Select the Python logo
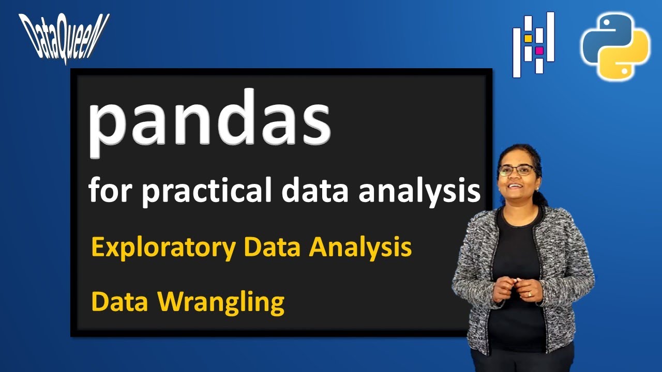(615, 47)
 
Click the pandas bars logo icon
(533, 45)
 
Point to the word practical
(207, 191)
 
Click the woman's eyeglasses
(516, 170)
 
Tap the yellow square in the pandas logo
(528, 38)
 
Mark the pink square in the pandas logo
(539, 51)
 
